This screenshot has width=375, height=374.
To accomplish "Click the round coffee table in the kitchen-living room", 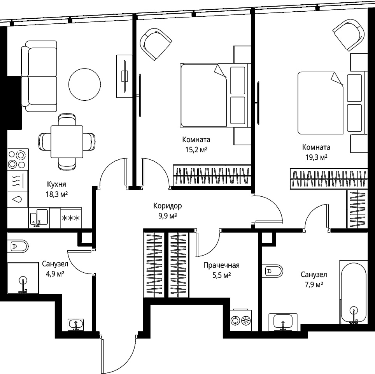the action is (x=84, y=84).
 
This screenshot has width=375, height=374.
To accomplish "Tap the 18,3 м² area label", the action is (x=57, y=194).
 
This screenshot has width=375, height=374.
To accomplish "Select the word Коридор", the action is (x=167, y=206).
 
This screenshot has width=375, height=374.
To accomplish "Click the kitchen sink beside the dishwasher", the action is (x=39, y=217).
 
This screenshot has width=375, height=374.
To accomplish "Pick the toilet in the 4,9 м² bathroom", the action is (x=18, y=246).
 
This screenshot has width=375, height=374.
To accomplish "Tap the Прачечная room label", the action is (x=221, y=265).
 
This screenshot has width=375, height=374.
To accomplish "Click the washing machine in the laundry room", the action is (x=241, y=320).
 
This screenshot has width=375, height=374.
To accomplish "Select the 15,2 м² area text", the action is (x=196, y=150).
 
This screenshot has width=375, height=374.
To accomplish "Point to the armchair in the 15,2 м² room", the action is (x=156, y=44).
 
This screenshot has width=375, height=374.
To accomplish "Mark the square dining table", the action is (x=67, y=142).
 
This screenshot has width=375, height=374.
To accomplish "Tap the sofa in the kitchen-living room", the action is (x=39, y=76).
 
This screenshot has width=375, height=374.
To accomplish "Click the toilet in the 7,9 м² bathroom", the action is (x=273, y=271).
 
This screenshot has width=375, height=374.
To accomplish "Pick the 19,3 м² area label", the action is (x=316, y=157).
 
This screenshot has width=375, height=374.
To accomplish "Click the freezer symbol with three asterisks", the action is (x=71, y=218).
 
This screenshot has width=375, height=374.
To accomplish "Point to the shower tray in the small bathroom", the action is (x=23, y=278).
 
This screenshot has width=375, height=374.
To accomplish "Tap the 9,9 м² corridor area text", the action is (x=167, y=216).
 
